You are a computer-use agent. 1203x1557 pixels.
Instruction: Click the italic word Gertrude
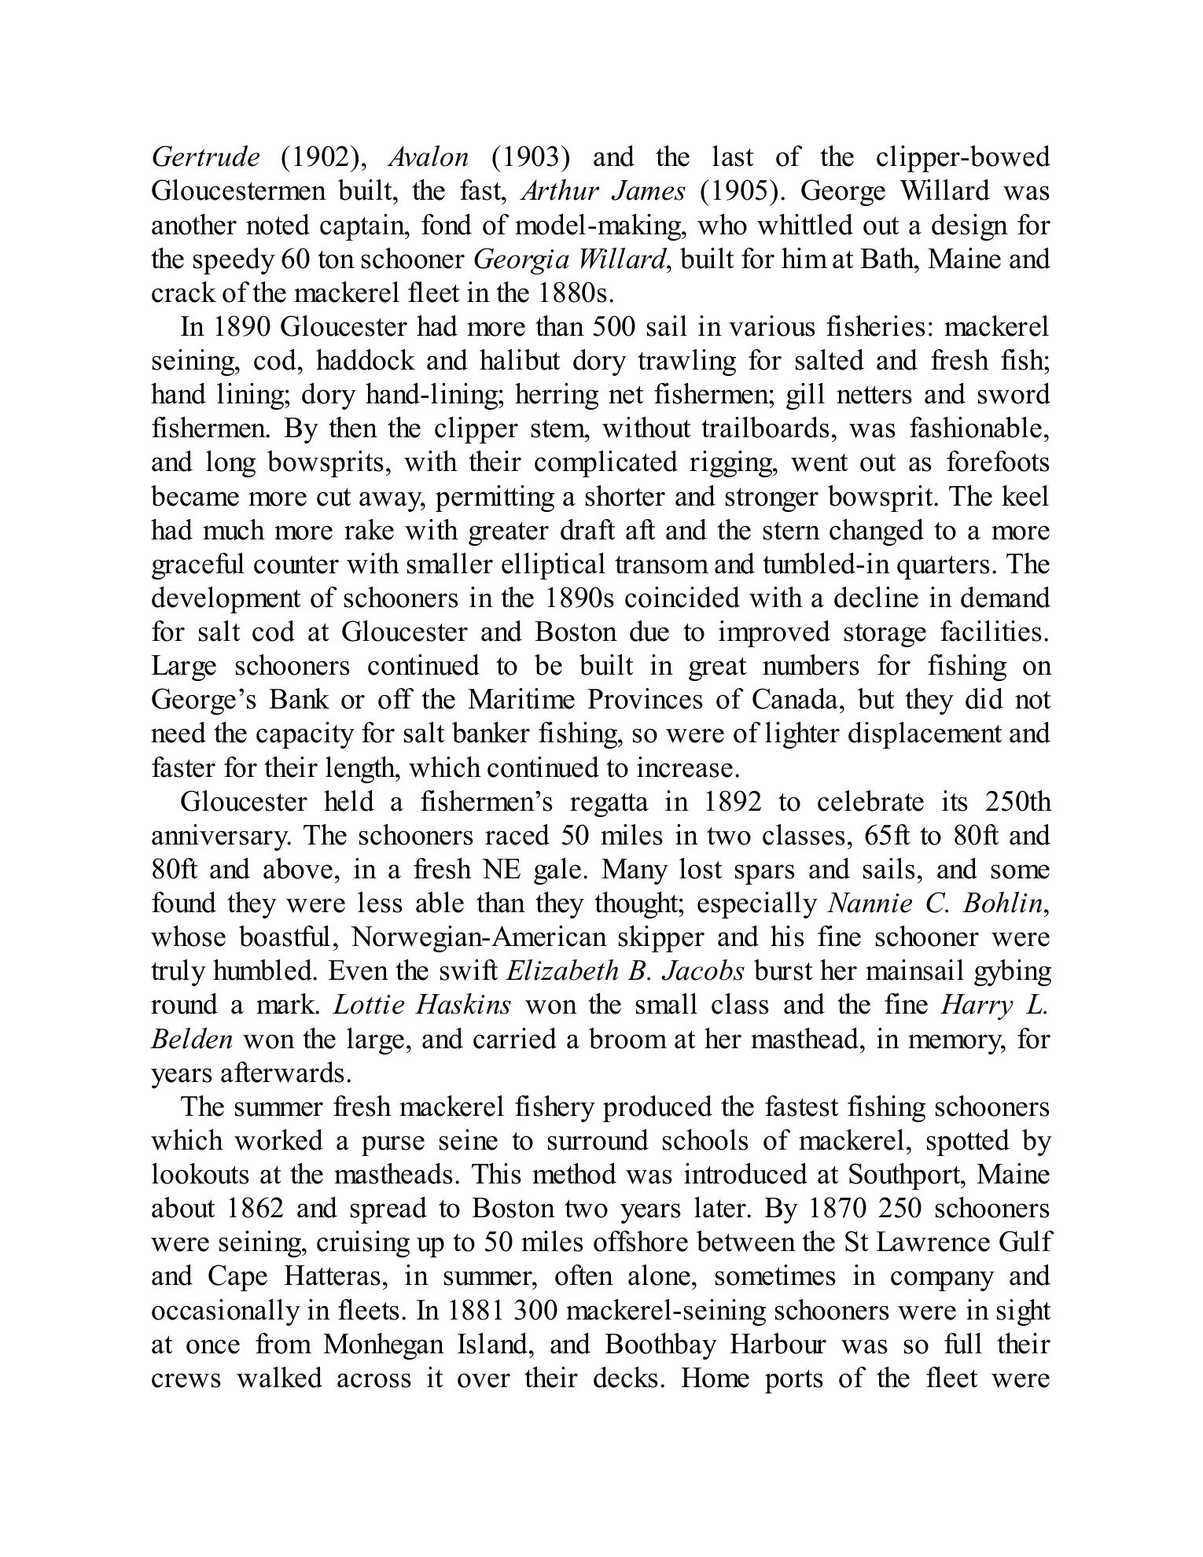[205, 158]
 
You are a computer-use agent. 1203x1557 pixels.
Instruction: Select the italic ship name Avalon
[429, 158]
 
